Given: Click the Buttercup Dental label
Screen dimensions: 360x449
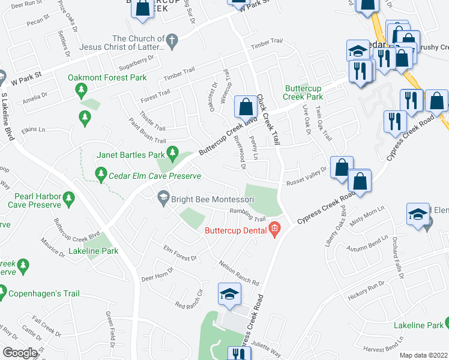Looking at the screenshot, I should (235, 230).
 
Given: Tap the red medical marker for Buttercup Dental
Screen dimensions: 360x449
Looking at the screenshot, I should (275, 228).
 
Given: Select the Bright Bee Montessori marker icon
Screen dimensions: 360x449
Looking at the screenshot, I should (163, 197).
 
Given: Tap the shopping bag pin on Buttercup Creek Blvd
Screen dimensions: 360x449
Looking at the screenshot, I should (245, 108).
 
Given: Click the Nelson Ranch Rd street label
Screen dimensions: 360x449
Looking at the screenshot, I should (238, 274).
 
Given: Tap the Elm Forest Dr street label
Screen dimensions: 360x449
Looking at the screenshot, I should (180, 253).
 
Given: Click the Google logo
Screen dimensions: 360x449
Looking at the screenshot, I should (20, 352).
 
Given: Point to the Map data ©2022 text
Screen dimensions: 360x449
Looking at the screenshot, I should (423, 355).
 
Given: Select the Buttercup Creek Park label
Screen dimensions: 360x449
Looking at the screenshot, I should (303, 92).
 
